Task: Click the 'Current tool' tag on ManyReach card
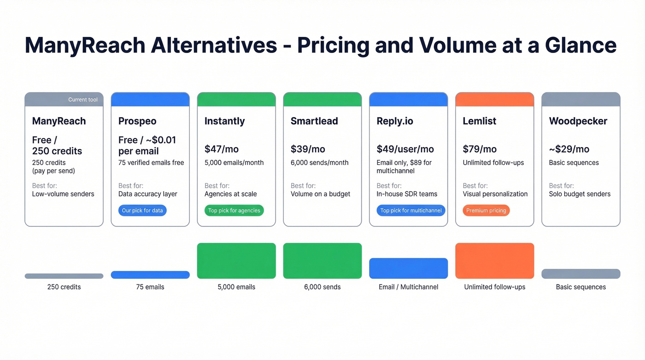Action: pos(83,100)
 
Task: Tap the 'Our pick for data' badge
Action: pos(142,211)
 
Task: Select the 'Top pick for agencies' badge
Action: pos(234,211)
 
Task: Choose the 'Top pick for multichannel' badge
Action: pos(411,211)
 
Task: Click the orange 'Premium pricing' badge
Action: pos(486,211)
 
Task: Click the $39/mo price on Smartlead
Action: pos(308,149)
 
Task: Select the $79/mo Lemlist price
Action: pos(480,149)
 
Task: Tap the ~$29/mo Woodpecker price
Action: pos(569,149)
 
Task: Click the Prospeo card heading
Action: pos(137,121)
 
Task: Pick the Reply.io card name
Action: pos(395,121)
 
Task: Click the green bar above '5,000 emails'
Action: pos(236,261)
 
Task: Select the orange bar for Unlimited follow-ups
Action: pos(494,261)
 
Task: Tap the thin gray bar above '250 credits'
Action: pos(64,276)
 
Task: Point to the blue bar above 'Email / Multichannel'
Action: pos(408,268)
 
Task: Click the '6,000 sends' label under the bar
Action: pos(322,287)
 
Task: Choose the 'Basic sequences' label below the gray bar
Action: pos(580,287)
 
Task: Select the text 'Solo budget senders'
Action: pos(580,194)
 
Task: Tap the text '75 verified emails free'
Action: pos(151,163)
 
